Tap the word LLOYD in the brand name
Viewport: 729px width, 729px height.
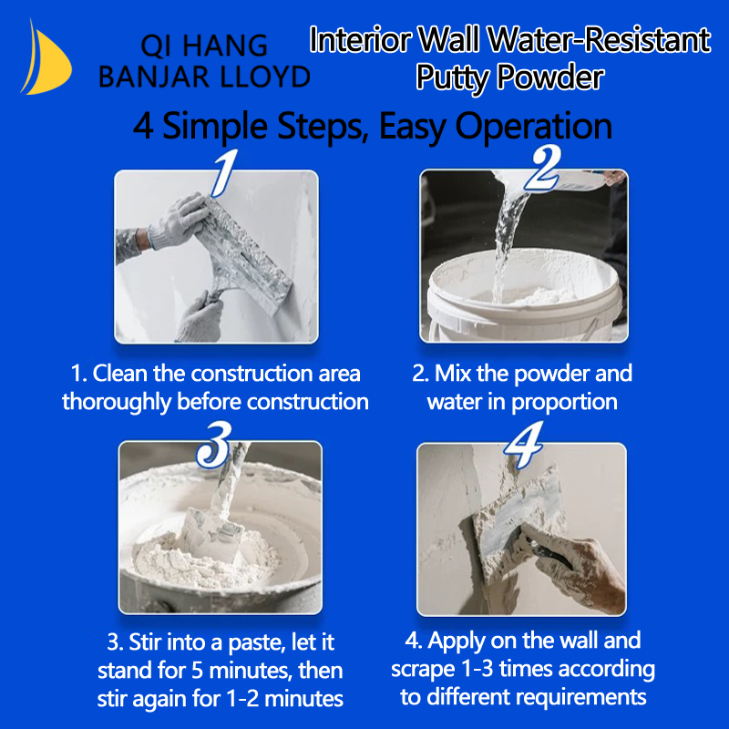point(265,77)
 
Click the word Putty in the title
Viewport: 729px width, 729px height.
point(452,77)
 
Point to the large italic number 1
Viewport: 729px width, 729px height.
point(224,172)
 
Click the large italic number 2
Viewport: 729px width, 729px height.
point(542,169)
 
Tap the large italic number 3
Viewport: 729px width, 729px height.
point(214,445)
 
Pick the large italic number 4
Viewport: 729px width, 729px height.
point(525,445)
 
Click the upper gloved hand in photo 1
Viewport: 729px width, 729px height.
point(179,221)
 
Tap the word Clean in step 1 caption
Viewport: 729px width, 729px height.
point(120,374)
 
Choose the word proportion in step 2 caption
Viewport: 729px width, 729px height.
point(564,403)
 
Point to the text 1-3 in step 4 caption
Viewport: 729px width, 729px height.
point(477,669)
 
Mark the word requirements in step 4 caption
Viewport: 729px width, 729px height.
point(581,697)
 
